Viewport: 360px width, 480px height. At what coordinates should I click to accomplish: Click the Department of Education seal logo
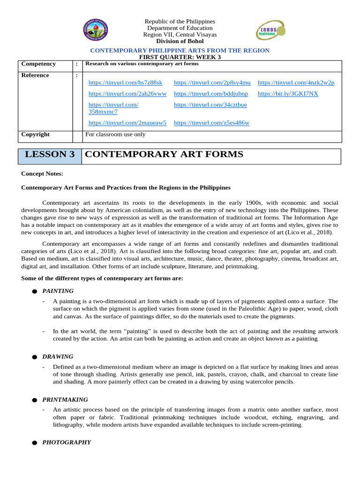pyautogui.click(x=96, y=31)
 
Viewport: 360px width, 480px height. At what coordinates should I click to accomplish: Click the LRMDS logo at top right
pyautogui.click(x=270, y=31)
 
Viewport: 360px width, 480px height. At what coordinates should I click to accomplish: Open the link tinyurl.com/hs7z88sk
pyautogui.click(x=125, y=82)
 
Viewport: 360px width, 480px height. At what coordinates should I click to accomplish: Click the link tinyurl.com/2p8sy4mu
pyautogui.click(x=212, y=82)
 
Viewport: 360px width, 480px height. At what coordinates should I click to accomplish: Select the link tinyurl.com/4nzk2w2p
pyautogui.click(x=296, y=82)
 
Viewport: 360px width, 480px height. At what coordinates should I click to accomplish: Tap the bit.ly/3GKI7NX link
pyautogui.click(x=288, y=94)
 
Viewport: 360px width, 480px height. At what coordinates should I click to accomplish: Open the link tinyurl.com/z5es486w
pyautogui.click(x=211, y=123)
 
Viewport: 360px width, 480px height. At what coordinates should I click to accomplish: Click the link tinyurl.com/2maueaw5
pyautogui.click(x=127, y=123)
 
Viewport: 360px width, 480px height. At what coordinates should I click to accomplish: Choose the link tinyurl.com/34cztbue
pyautogui.click(x=210, y=105)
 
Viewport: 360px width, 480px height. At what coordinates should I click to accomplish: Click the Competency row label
pyautogui.click(x=38, y=64)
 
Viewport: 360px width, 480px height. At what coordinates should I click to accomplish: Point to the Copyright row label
pyautogui.click(x=36, y=135)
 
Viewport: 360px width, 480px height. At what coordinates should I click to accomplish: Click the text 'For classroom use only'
pyautogui.click(x=115, y=135)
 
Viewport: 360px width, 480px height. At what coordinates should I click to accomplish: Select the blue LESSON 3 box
pyautogui.click(x=50, y=155)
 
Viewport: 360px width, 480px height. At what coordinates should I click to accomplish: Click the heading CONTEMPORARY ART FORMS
pyautogui.click(x=164, y=155)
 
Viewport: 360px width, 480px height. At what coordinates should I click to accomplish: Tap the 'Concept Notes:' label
pyautogui.click(x=42, y=174)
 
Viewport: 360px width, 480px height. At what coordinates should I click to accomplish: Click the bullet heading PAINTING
pyautogui.click(x=58, y=291)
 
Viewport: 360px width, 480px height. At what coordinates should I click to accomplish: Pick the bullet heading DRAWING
pyautogui.click(x=58, y=357)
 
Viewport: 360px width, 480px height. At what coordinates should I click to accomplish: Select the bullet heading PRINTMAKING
pyautogui.click(x=65, y=400)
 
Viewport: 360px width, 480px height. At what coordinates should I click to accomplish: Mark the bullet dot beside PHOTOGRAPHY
pyautogui.click(x=34, y=443)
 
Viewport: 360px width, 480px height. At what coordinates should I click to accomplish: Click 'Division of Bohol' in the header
pyautogui.click(x=180, y=41)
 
